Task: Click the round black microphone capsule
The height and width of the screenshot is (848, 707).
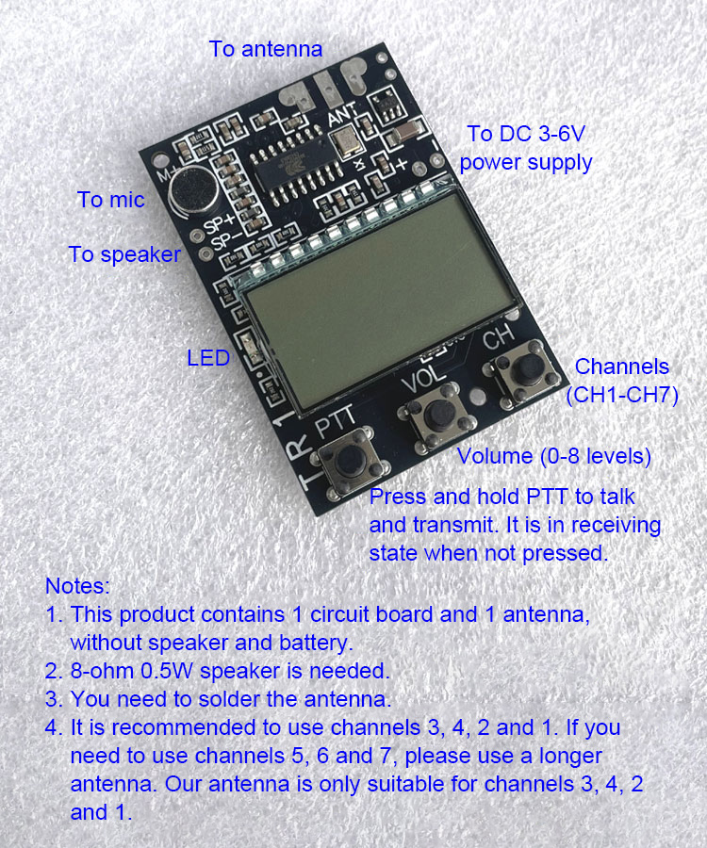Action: [193, 188]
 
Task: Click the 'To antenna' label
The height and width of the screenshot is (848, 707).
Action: [266, 49]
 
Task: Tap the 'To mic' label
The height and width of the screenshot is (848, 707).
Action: [111, 200]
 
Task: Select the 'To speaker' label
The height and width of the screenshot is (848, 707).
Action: [124, 254]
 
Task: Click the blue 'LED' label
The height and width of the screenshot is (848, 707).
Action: [208, 358]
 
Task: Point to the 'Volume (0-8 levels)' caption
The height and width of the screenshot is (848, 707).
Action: [554, 456]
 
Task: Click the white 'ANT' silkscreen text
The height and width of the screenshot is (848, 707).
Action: [343, 114]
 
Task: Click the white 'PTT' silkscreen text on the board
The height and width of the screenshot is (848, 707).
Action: [336, 421]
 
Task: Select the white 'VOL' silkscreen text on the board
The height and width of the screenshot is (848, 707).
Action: [424, 377]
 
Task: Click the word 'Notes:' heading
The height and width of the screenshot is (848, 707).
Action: [77, 586]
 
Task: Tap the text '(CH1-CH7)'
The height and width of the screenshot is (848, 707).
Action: [622, 396]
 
